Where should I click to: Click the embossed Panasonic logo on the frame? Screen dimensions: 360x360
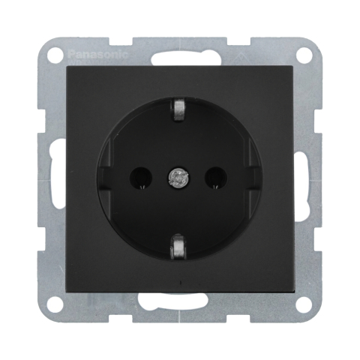pos(98,54)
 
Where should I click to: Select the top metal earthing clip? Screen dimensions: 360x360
pos(179,109)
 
